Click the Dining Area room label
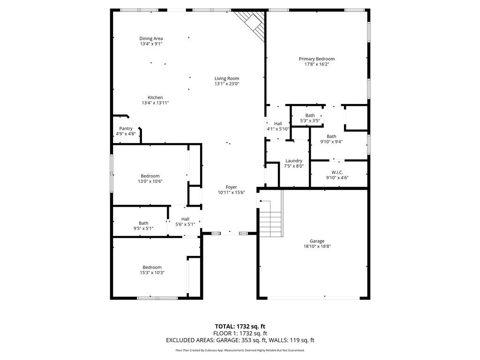coord(151,38)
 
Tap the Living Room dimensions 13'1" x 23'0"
coord(227,83)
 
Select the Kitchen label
coord(155,97)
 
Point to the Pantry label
coord(126,128)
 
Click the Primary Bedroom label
coord(317,59)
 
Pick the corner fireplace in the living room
coord(252,24)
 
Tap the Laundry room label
coord(294,161)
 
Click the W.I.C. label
coord(337,172)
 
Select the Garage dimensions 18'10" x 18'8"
coord(317,246)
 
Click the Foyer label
coord(232,187)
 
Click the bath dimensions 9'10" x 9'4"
coord(331,142)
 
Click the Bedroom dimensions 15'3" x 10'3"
coord(152,272)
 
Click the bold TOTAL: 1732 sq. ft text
coord(240,326)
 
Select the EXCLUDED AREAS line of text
coord(240,340)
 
